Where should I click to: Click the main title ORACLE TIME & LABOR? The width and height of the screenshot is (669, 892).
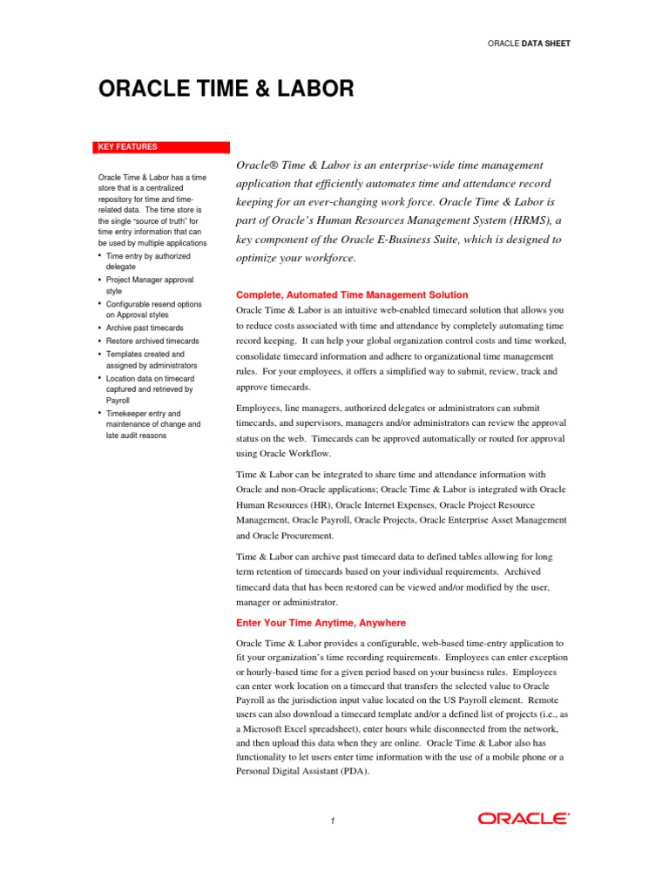[x=226, y=88]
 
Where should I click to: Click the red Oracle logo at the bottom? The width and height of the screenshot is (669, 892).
[x=524, y=818]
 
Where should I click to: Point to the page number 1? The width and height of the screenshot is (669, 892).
[x=333, y=821]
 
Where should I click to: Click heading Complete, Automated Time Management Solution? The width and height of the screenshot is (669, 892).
[x=352, y=295]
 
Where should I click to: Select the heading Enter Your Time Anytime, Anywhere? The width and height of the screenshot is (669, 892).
[x=321, y=623]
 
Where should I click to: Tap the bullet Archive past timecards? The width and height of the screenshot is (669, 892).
[x=145, y=328]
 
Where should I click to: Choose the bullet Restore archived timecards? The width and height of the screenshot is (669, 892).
[x=152, y=341]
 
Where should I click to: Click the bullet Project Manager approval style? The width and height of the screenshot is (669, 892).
[x=149, y=286]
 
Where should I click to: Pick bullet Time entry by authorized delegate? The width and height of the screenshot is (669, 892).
[x=147, y=262]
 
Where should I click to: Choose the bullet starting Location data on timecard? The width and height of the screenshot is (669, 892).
[x=150, y=389]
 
